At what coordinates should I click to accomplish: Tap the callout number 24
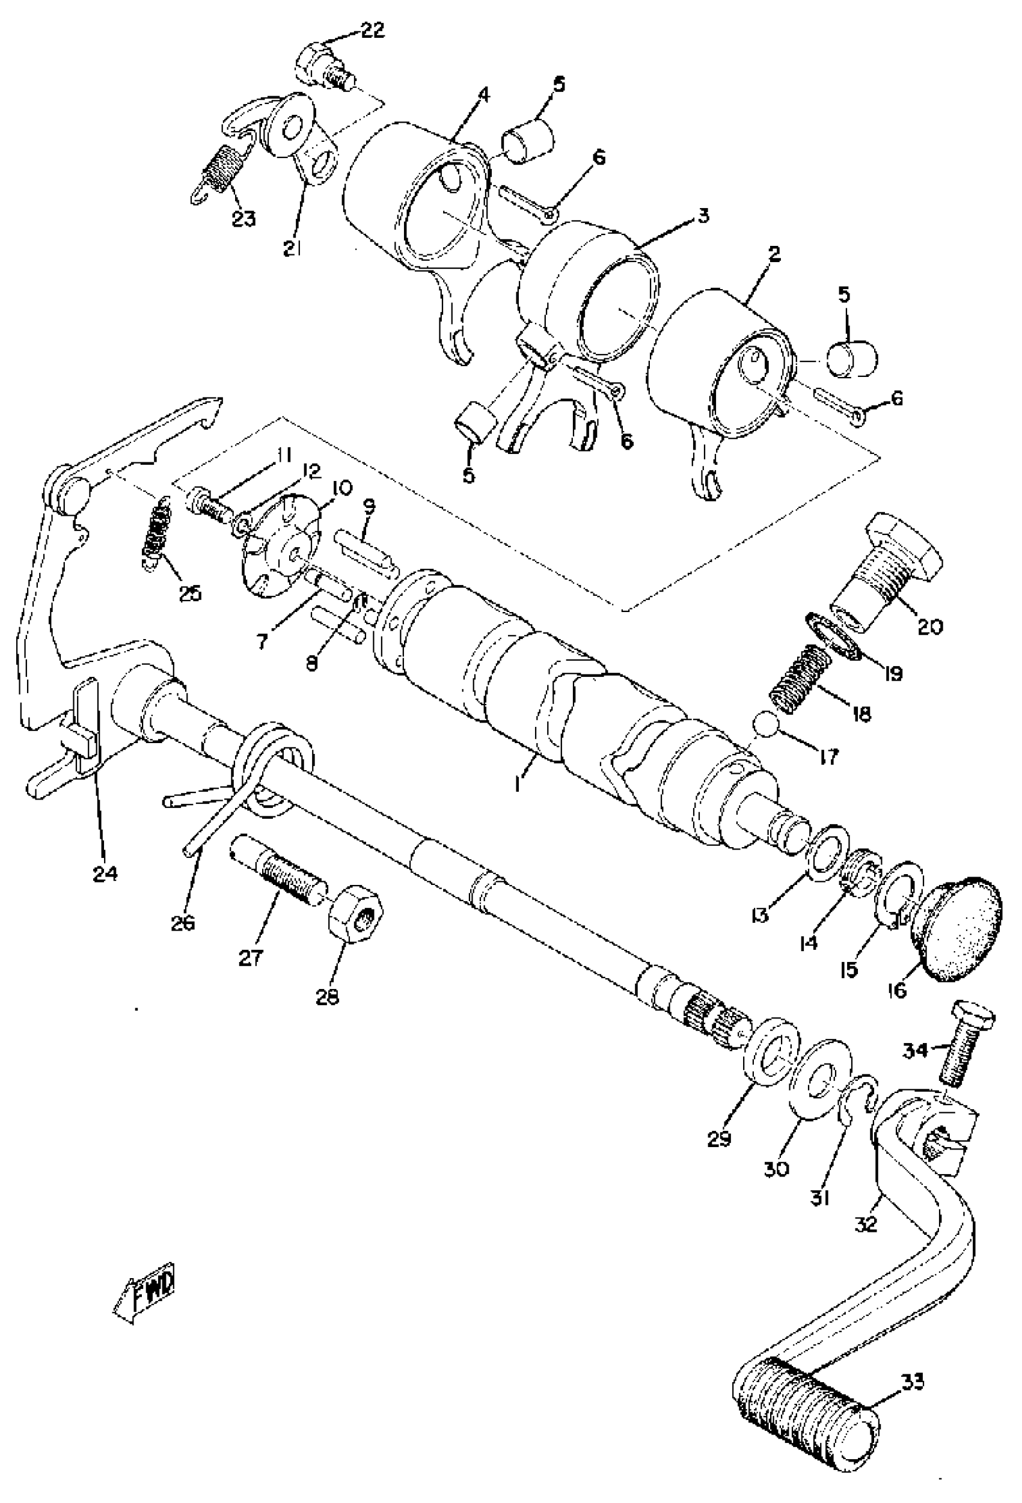coord(105,873)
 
